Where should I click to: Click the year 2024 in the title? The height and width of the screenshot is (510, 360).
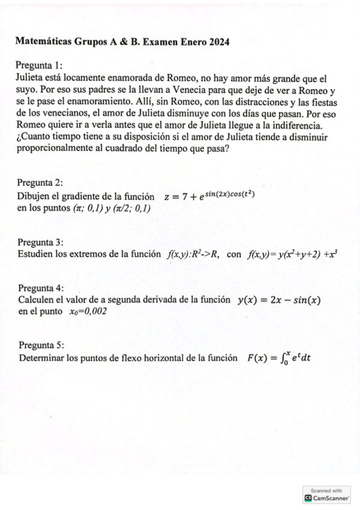(217, 41)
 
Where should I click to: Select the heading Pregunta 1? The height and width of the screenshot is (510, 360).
(40, 66)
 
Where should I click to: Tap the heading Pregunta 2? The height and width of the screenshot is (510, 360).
(40, 183)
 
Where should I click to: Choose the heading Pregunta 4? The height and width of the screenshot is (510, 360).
(41, 287)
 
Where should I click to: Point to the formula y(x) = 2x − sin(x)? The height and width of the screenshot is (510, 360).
(279, 300)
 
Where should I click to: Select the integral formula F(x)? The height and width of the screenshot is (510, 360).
(278, 358)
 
